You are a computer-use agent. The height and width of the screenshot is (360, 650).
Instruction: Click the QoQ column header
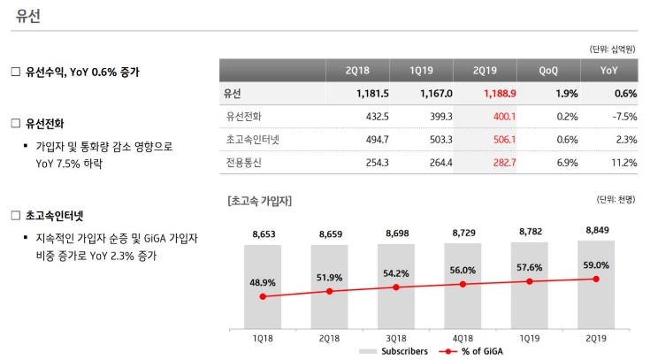pyautogui.click(x=548, y=70)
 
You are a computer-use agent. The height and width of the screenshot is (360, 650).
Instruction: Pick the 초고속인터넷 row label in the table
pyautogui.click(x=249, y=139)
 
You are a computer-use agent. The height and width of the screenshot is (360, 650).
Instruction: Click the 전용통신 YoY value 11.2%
pyautogui.click(x=623, y=162)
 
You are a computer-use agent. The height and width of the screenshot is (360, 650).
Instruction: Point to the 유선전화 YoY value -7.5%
pyautogui.click(x=623, y=116)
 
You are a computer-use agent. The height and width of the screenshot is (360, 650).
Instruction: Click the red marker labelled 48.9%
pyautogui.click(x=263, y=297)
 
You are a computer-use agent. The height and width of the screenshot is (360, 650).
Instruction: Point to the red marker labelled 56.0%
pyautogui.click(x=463, y=284)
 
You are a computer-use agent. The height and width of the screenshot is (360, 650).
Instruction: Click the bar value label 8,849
pyautogui.click(x=597, y=230)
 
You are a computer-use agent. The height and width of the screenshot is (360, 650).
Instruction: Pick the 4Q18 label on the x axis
pyautogui.click(x=463, y=338)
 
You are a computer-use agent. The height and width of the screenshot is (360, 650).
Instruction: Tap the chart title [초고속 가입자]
pyautogui.click(x=259, y=200)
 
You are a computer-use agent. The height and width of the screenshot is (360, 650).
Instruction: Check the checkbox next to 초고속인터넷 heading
pyautogui.click(x=15, y=215)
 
